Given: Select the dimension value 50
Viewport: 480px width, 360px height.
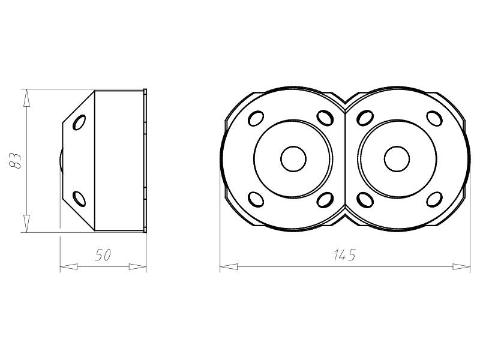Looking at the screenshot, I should click(x=103, y=255).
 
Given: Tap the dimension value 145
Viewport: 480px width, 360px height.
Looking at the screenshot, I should click(x=344, y=255).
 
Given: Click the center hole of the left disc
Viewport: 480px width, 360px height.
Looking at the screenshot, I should click(x=293, y=158).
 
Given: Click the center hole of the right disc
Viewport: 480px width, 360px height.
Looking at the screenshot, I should click(x=397, y=158).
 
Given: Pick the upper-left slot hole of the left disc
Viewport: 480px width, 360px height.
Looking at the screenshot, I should click(x=257, y=117).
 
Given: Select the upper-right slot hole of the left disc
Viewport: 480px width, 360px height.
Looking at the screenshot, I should click(x=326, y=117).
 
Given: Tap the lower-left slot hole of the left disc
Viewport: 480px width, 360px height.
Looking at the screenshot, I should click(x=256, y=199).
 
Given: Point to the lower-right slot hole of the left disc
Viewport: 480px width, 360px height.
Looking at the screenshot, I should click(x=326, y=199).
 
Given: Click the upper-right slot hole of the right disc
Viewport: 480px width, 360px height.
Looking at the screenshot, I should click(x=433, y=118).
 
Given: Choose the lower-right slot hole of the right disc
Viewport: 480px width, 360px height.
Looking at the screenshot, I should click(x=433, y=199).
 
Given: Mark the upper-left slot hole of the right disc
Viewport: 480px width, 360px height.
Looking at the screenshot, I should click(x=364, y=118).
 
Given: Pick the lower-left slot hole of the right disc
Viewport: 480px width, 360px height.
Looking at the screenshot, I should click(x=364, y=199).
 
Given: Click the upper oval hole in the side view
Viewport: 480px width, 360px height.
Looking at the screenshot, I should click(x=79, y=123).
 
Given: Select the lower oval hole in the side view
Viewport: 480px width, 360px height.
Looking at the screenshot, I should click(x=79, y=197).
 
